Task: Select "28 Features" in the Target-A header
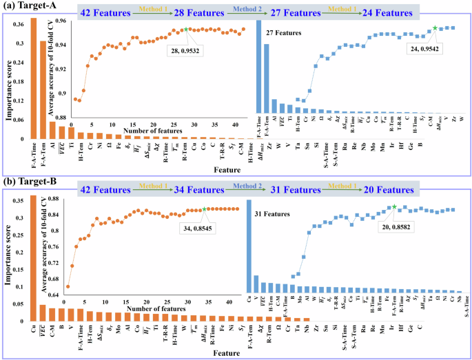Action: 218,12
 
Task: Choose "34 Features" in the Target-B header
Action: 218,189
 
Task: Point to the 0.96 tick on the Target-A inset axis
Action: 59,21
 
